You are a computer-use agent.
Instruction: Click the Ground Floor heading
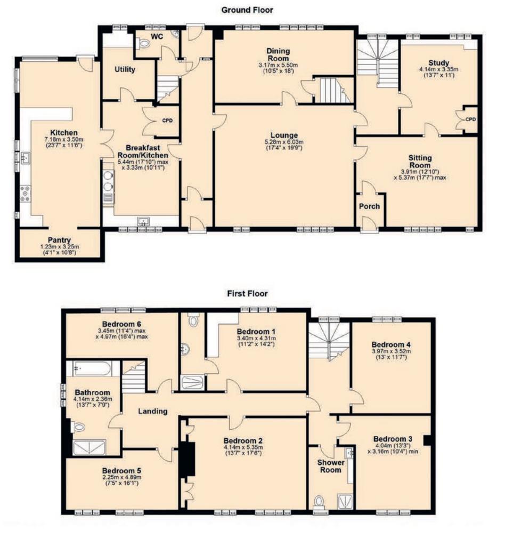pyautogui.click(x=247, y=10)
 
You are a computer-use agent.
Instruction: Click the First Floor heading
pyautogui.click(x=247, y=294)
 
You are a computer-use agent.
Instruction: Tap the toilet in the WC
pyautogui.click(x=143, y=44)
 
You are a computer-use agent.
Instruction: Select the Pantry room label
pyautogui.click(x=59, y=240)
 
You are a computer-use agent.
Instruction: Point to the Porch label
pyautogui.click(x=369, y=206)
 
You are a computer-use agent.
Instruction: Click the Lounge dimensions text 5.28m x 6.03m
pyautogui.click(x=284, y=142)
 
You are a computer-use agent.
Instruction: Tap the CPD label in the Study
pyautogui.click(x=470, y=119)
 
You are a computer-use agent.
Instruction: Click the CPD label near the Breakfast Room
pyautogui.click(x=167, y=121)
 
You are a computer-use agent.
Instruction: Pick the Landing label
pyautogui.click(x=153, y=411)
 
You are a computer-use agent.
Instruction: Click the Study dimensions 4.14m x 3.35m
pyautogui.click(x=438, y=69)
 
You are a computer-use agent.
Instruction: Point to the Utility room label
pyautogui.click(x=125, y=69)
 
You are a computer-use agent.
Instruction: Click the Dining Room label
pyautogui.click(x=279, y=54)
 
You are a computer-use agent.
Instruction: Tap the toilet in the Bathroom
pyautogui.click(x=77, y=427)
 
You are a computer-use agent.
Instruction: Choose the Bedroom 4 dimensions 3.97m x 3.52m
pyautogui.click(x=391, y=351)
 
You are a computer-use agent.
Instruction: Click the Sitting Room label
pyautogui.click(x=420, y=162)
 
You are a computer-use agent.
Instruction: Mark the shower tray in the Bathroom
pyautogui.click(x=89, y=447)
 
